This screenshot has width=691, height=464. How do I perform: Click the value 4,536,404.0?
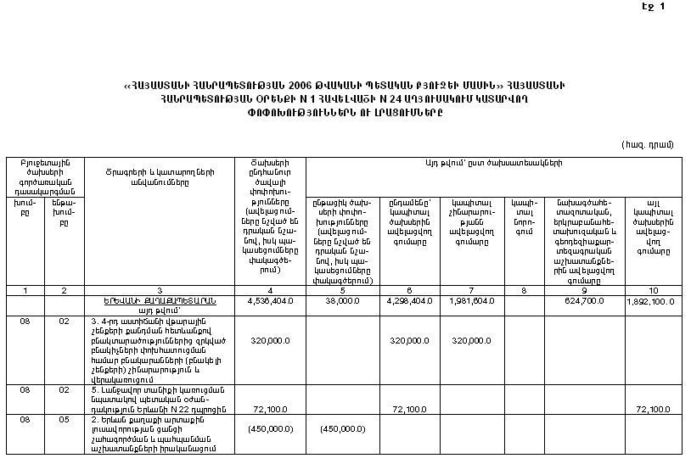tap(270, 300)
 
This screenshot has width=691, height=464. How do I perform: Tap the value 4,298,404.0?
tap(409, 300)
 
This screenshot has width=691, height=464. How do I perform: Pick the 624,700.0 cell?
tap(583, 300)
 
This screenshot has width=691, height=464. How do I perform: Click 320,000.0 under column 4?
tap(271, 340)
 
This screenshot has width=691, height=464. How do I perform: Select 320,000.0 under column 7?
tap(471, 340)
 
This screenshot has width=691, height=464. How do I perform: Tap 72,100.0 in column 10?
tap(653, 410)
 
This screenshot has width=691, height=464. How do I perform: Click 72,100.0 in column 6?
tap(409, 410)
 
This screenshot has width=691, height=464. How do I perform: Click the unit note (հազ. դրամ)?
tap(647, 143)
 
